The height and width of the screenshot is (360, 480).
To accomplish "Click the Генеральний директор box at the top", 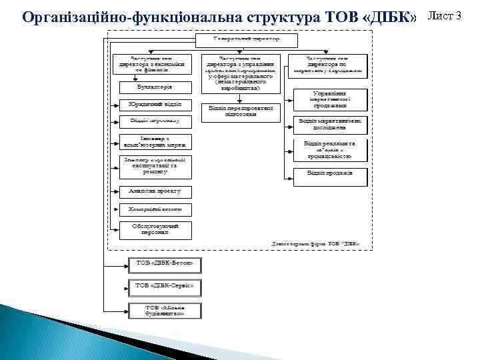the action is pyautogui.click(x=237, y=39).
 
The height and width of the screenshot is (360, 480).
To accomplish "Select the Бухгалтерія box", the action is pyautogui.click(x=155, y=87).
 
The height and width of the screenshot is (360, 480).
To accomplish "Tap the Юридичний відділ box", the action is pyautogui.click(x=155, y=104).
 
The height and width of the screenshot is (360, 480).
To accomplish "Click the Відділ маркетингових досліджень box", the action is pyautogui.click(x=331, y=124).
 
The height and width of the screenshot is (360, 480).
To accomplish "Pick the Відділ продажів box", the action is pyautogui.click(x=331, y=173).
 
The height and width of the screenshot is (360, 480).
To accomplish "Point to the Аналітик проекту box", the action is pyautogui.click(x=155, y=191).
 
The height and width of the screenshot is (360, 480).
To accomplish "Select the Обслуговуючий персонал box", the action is pyautogui.click(x=155, y=229).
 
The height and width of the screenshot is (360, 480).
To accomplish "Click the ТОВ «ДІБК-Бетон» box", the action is pyautogui.click(x=164, y=265).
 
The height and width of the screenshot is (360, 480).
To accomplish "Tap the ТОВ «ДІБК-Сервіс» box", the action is pyautogui.click(x=164, y=287).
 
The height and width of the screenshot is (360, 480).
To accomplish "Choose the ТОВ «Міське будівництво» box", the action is pyautogui.click(x=164, y=309).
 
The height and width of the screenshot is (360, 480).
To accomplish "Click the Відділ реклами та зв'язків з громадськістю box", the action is pyautogui.click(x=331, y=149).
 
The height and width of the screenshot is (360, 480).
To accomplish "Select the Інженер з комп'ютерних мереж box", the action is pyautogui.click(x=155, y=141).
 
